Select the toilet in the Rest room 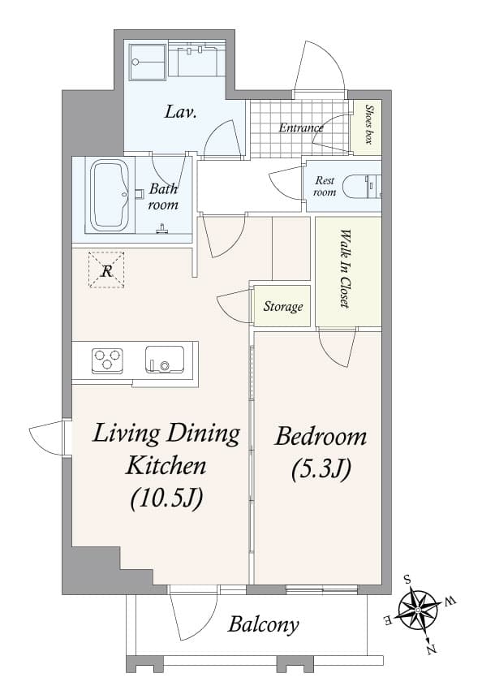pyautogui.click(x=360, y=187)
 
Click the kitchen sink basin pyautogui.click(x=164, y=359)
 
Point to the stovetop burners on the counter pyautogui.click(x=107, y=360)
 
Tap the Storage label pyautogui.click(x=283, y=307)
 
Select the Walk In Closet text pyautogui.click(x=346, y=270)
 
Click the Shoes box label pyautogui.click(x=368, y=126)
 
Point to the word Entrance pyautogui.click(x=300, y=127)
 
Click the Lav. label pyautogui.click(x=181, y=112)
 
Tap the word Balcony pyautogui.click(x=263, y=624)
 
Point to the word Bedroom pyautogui.click(x=321, y=438)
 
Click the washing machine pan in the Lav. pyautogui.click(x=148, y=61)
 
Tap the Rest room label pyautogui.click(x=325, y=186)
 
